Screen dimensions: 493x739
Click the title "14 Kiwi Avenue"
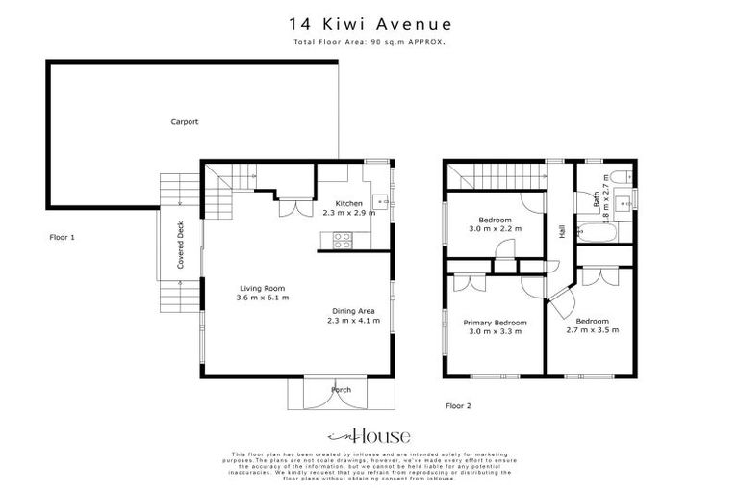point(369,22)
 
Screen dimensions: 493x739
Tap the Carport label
point(185,122)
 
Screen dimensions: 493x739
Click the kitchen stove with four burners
point(341,243)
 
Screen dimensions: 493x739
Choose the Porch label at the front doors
point(342,389)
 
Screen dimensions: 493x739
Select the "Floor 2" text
point(458,405)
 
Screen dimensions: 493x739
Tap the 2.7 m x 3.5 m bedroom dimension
point(592,330)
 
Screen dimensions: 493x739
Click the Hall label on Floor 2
point(560,232)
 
